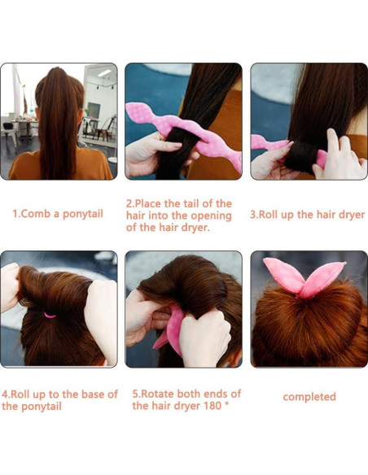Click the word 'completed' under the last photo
[x=309, y=397]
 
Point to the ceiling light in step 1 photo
[x=104, y=73]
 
